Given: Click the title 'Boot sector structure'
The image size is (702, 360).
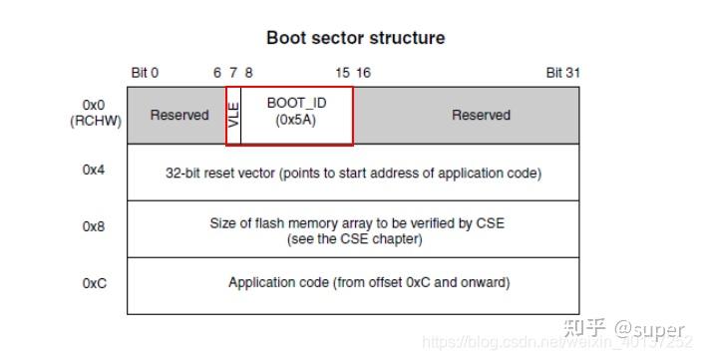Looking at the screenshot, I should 355,38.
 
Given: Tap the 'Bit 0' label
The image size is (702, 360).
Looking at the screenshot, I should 145,73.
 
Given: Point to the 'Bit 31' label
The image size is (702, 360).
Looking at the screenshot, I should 562,73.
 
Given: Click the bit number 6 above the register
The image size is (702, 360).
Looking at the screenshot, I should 217,73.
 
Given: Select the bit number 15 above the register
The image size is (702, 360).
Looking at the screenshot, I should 342,73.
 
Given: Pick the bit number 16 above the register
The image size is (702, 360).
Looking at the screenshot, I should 363,73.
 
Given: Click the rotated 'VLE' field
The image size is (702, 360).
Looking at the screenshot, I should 234,116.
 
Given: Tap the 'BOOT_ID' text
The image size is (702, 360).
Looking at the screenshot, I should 296,103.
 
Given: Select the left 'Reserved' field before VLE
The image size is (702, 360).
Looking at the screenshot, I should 179,115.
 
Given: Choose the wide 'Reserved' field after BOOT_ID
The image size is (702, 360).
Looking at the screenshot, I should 481,115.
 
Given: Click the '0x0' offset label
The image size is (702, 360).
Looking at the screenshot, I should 95,104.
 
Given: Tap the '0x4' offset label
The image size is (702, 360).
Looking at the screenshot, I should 95,170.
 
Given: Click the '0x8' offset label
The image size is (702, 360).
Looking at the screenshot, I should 95,226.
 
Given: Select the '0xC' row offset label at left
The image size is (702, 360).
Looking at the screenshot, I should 95,283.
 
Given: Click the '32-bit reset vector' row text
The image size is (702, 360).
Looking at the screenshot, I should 353,173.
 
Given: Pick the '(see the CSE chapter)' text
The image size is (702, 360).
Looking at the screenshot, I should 355,239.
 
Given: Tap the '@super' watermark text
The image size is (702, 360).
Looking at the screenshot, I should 649,328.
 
